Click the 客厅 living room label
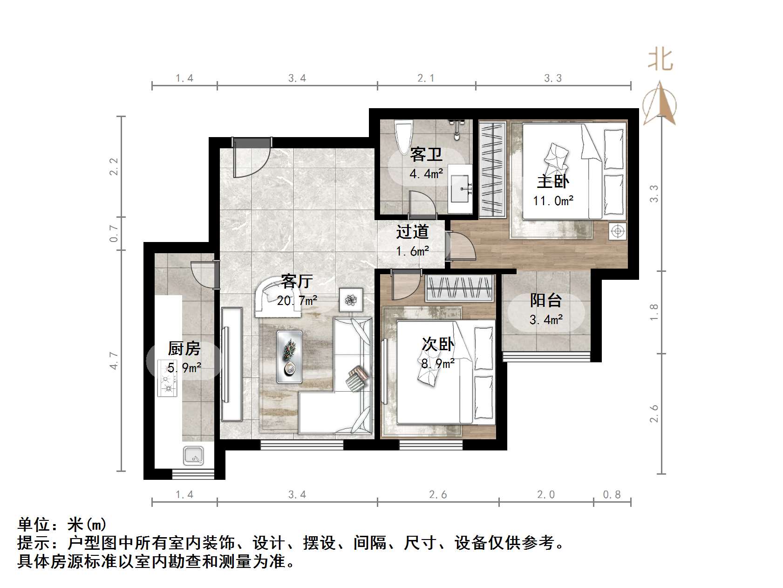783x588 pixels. click(296, 281)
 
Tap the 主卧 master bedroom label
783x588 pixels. click(553, 181)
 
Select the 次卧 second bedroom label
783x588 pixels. click(438, 344)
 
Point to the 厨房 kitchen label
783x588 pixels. click(184, 348)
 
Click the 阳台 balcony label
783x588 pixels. click(546, 300)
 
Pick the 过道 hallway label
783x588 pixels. click(412, 232)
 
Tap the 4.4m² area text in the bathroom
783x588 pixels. click(426, 174)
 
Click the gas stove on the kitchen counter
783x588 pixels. click(167, 378)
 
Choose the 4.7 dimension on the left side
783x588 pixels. click(114, 361)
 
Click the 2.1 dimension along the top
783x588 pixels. click(426, 78)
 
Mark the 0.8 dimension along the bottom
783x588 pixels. click(612, 494)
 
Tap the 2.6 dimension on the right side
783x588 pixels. click(654, 413)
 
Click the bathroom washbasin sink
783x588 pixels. click(461, 189)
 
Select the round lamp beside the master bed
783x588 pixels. click(618, 231)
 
